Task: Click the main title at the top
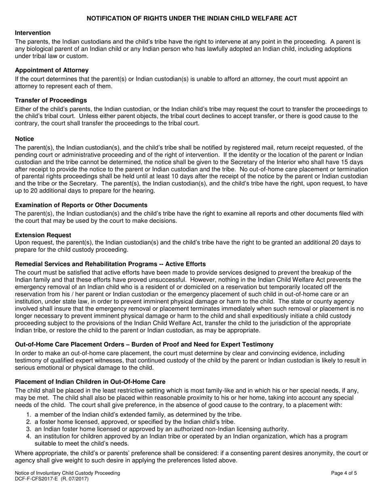[192, 18]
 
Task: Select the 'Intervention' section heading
[33, 33]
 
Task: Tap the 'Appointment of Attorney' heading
[52, 70]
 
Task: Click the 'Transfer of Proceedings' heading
[51, 100]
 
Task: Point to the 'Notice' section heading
[24, 139]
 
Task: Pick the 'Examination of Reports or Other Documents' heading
[81, 205]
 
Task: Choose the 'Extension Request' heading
[43, 235]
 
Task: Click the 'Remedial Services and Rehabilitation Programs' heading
[110, 264]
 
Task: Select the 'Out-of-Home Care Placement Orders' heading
[144, 344]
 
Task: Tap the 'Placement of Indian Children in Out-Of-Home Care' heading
[90, 381]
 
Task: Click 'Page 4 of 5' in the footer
[344, 473]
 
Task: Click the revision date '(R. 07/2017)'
[75, 479]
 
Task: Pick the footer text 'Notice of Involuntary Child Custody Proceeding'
[68, 473]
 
